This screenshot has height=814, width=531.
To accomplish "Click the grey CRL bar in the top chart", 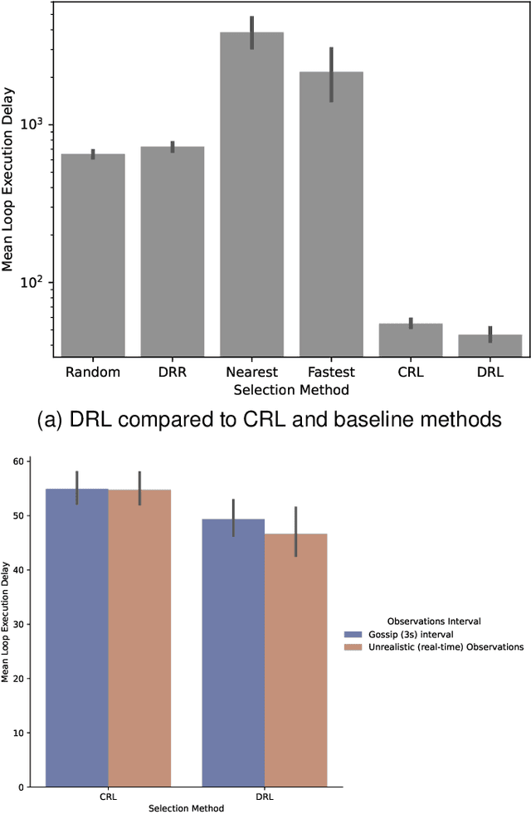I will [411, 340].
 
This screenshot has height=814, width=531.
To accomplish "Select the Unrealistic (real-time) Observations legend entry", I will [434, 646].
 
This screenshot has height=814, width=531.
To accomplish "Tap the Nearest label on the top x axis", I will [251, 372].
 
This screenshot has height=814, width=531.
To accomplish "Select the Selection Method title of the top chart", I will [290, 389].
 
